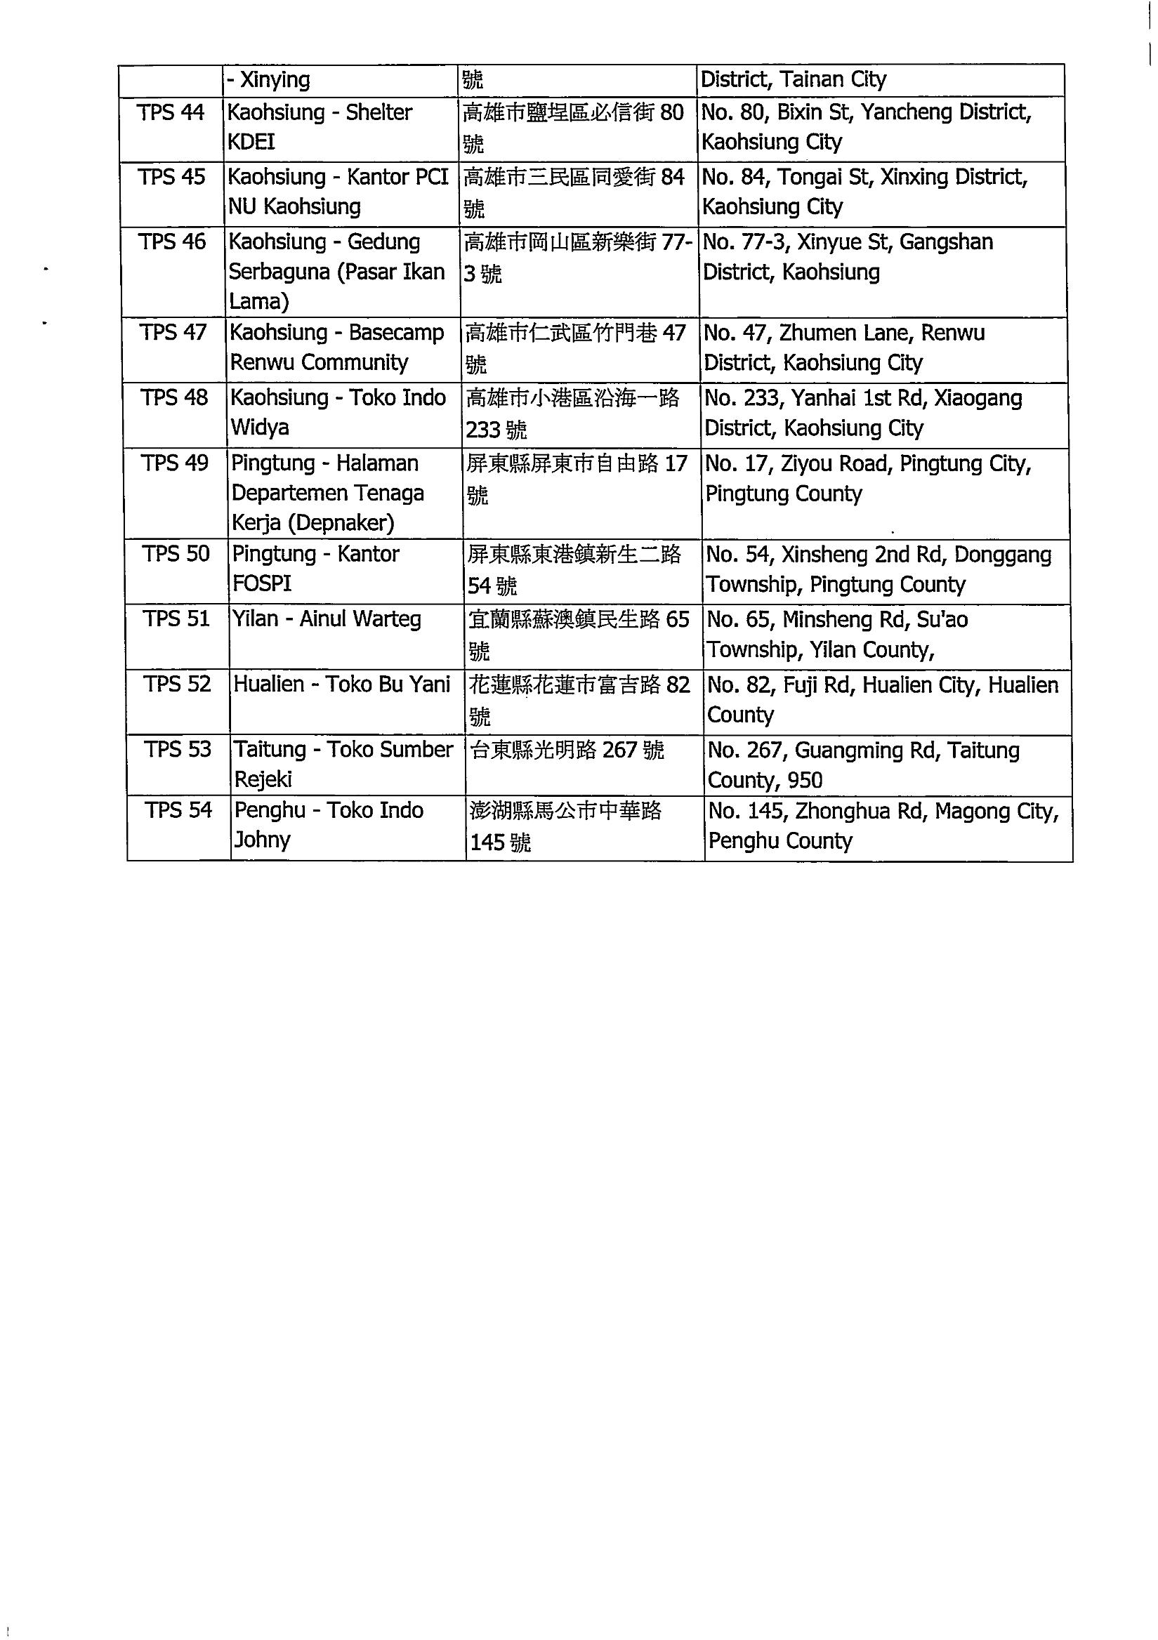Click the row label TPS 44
(x=171, y=113)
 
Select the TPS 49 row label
(x=175, y=463)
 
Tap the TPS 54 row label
(x=178, y=810)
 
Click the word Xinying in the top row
(x=275, y=79)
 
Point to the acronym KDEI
(x=251, y=142)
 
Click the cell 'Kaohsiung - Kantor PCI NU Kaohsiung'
(x=338, y=192)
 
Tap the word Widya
(x=259, y=428)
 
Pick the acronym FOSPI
(x=262, y=583)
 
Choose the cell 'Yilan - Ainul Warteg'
(x=327, y=619)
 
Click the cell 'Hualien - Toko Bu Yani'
(x=342, y=685)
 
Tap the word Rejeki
(x=263, y=779)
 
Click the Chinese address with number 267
(x=567, y=750)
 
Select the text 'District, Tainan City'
(x=793, y=79)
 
